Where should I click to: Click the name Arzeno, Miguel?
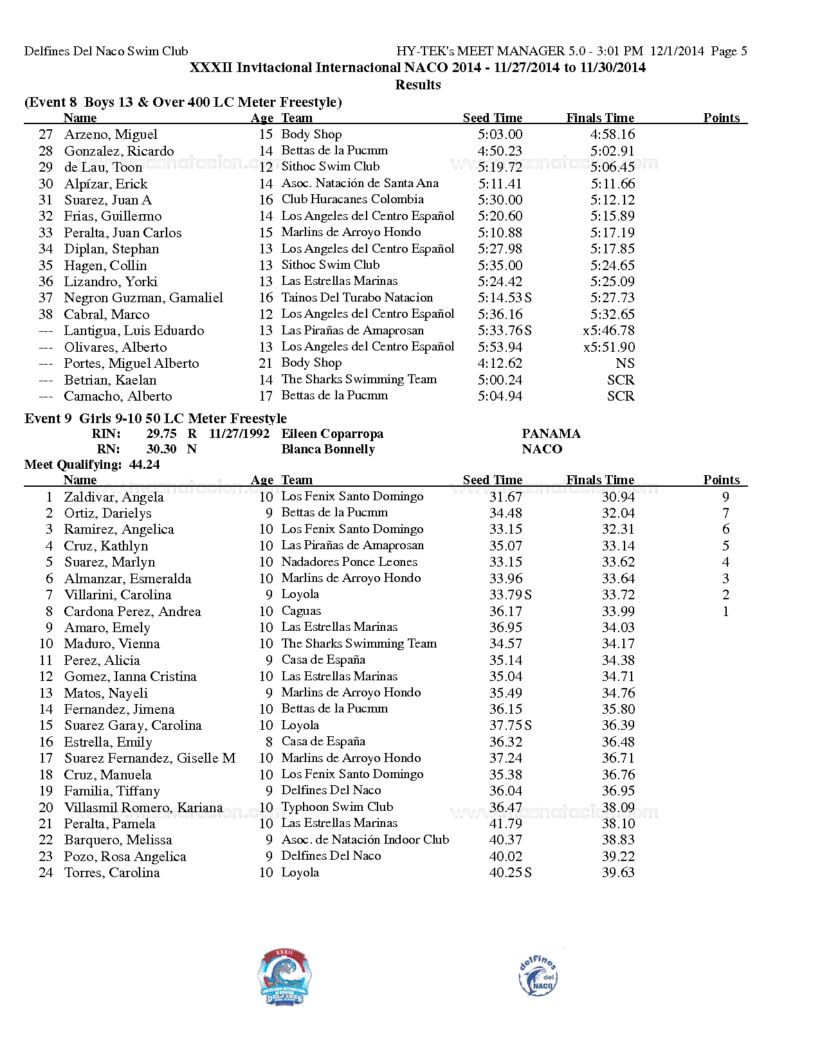pos(111,134)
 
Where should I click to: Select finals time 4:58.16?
pos(612,134)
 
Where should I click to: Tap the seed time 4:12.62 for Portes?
pos(500,363)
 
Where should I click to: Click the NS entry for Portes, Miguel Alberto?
pos(624,363)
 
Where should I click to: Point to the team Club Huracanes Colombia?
pos(352,199)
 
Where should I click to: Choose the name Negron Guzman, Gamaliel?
pos(143,298)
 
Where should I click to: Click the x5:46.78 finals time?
pos(608,331)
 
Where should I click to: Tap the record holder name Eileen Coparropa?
pos(332,434)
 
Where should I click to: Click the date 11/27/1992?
pos(239,434)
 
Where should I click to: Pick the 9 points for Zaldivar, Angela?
pos(725,497)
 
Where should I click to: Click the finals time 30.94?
pos(618,497)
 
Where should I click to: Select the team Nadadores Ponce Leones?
pos(349,562)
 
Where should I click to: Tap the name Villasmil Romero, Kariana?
pos(143,808)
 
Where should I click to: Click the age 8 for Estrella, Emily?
pos(269,742)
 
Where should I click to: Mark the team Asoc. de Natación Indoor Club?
pos(365,840)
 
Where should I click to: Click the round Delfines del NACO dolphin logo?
pos(538,975)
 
